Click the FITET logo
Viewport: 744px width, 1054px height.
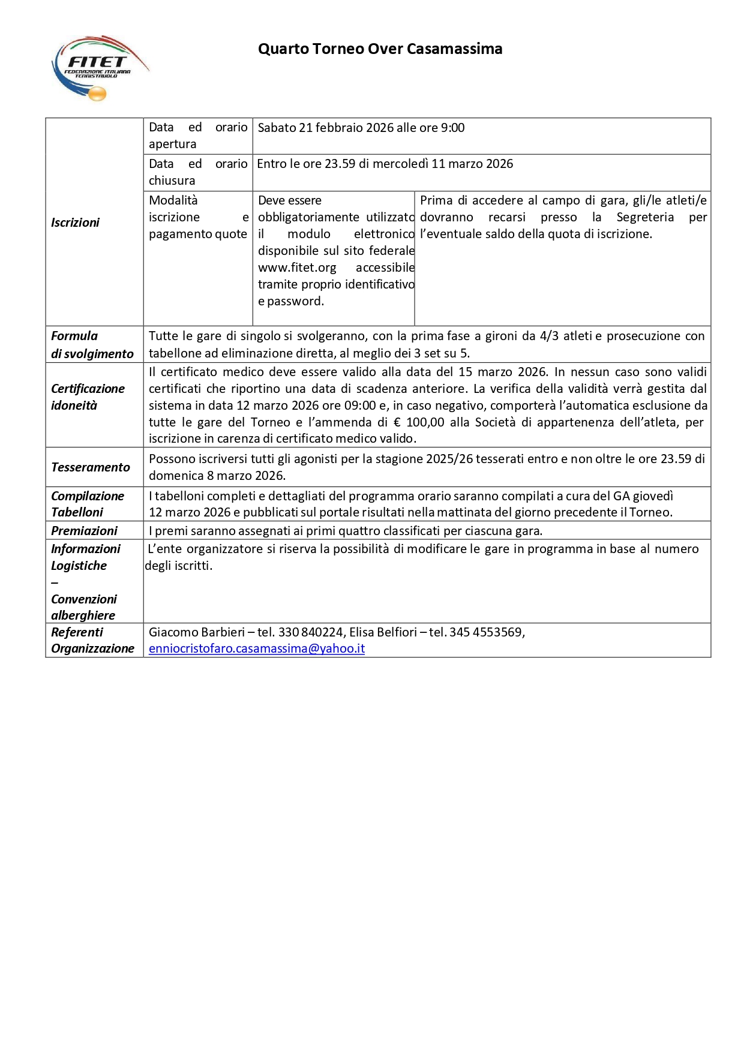(x=99, y=67)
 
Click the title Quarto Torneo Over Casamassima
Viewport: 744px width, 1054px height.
(x=380, y=49)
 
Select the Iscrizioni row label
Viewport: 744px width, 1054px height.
(x=75, y=223)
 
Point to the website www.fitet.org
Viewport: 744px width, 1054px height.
(x=297, y=268)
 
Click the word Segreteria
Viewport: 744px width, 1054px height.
(x=645, y=217)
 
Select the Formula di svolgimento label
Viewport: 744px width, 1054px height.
(x=92, y=345)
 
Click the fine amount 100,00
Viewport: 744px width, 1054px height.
(x=425, y=422)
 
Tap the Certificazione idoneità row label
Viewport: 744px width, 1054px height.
(x=88, y=397)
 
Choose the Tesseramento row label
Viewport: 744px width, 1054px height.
(x=90, y=467)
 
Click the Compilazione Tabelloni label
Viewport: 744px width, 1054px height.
(x=88, y=504)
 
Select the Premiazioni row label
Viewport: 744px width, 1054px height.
(x=84, y=531)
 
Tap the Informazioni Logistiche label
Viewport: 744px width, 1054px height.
(x=85, y=557)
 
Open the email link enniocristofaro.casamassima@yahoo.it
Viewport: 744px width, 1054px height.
(x=257, y=648)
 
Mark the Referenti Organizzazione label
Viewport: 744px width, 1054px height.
(x=92, y=640)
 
